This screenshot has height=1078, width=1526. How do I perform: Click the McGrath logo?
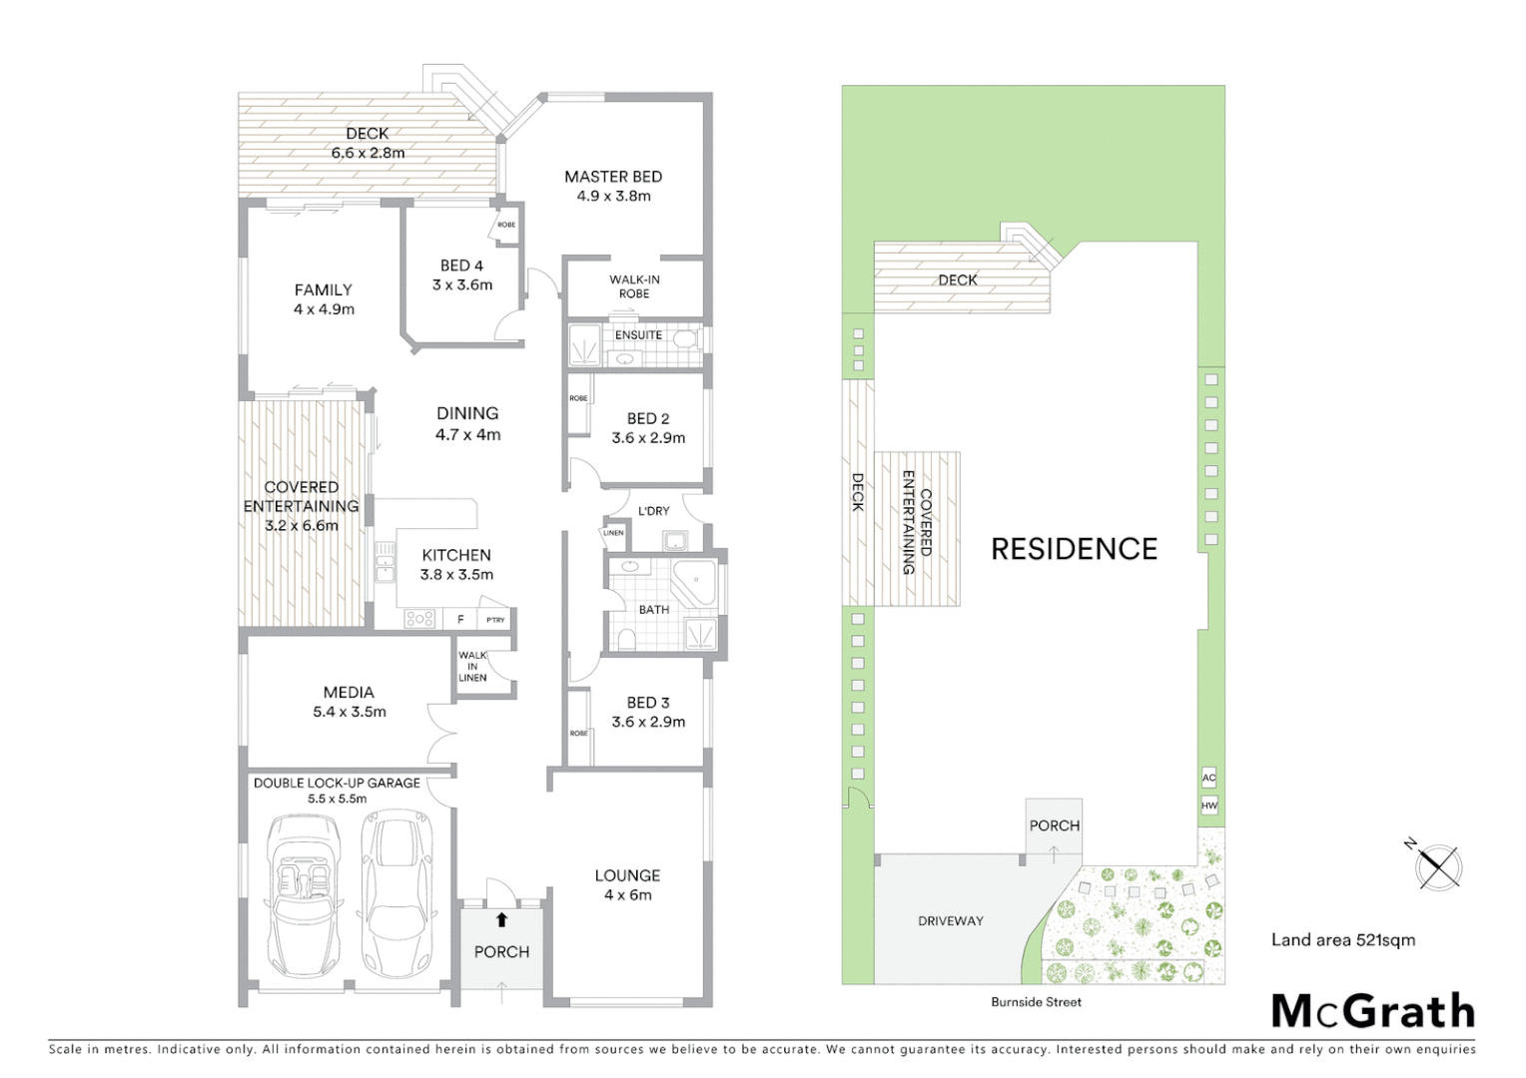pos(1373,1011)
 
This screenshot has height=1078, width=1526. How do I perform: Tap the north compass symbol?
pos(1437,865)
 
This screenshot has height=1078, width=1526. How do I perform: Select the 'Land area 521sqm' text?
pos(1342,939)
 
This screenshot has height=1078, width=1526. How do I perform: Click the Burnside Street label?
pos(1036,1001)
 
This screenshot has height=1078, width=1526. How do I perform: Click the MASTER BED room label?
pos(613,177)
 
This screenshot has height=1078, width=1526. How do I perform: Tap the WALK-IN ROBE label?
pos(634,286)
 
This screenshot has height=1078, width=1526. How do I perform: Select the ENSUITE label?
pos(638,335)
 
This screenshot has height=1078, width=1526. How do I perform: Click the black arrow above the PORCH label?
pos(501,920)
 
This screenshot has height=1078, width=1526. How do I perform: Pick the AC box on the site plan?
pos(1209,778)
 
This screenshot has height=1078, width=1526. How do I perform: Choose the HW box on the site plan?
pos(1209,805)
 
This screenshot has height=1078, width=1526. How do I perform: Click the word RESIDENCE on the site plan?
pos(1074,549)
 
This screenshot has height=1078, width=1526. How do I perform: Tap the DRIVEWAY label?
pos(950,921)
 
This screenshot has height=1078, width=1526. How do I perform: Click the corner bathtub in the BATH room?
pos(695,582)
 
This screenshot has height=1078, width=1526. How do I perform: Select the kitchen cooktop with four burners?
pos(419,619)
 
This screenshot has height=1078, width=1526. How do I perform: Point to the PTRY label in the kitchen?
pos(495,620)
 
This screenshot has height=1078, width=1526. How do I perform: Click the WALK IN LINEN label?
pos(472,667)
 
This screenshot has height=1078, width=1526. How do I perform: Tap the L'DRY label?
pos(653,511)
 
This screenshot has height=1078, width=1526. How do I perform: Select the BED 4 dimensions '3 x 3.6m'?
pos(462,284)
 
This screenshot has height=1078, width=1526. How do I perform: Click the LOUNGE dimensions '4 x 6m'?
pos(627,895)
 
